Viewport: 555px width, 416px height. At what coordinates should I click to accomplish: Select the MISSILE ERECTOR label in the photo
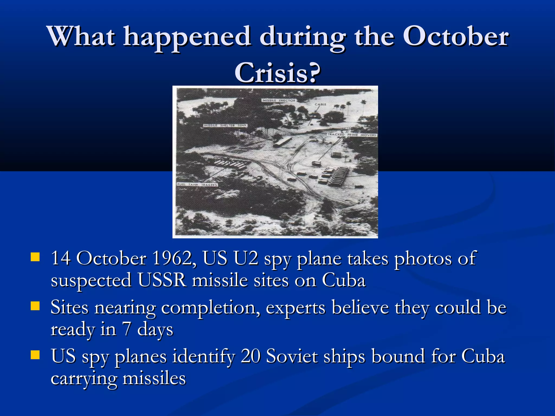(279, 100)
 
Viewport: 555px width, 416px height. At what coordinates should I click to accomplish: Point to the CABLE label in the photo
(320, 105)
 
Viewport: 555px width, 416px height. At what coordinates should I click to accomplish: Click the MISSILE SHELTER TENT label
(225, 126)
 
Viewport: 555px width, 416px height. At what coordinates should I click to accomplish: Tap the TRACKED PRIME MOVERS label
(352, 135)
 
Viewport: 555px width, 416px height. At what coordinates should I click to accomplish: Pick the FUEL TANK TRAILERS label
(197, 185)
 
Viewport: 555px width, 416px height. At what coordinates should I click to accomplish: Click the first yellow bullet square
(35, 257)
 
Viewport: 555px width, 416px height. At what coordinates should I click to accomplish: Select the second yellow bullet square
(35, 306)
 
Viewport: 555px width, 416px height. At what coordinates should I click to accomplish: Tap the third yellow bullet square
(35, 355)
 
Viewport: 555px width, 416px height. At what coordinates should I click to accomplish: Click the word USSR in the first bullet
(162, 280)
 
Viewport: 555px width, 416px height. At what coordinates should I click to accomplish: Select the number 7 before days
(127, 329)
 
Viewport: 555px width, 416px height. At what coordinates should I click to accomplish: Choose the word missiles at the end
(154, 378)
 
